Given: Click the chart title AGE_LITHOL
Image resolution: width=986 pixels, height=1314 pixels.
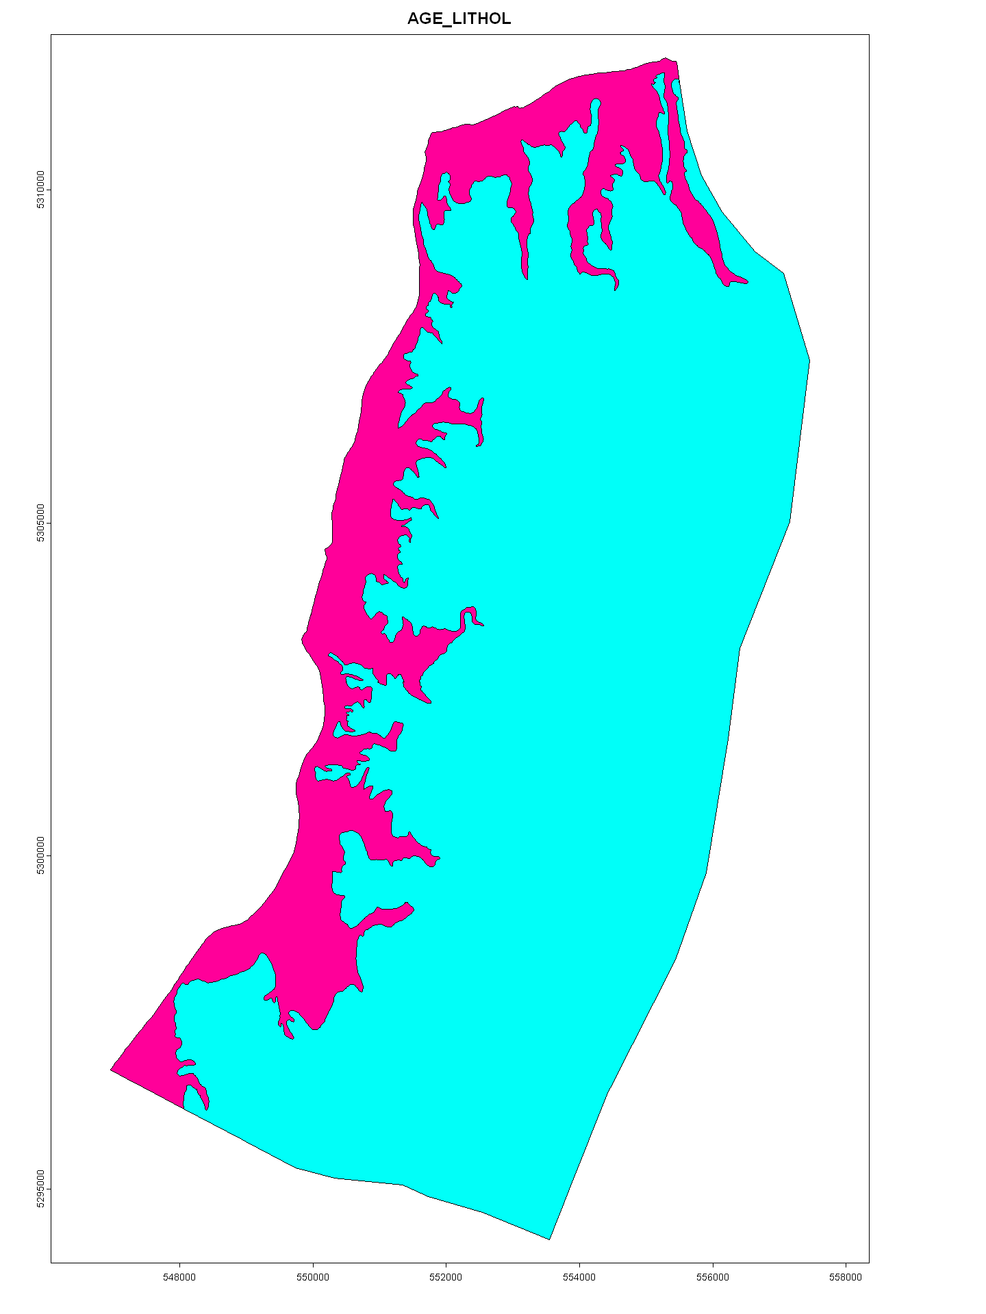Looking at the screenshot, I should [x=459, y=18].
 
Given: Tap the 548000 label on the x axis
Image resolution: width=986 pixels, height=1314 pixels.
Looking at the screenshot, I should [x=179, y=1277].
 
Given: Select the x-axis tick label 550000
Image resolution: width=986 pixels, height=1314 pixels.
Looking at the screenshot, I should [x=313, y=1277].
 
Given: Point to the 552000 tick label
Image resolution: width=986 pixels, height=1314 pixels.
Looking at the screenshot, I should [x=446, y=1277].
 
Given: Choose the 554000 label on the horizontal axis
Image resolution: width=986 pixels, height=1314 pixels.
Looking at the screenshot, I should [x=579, y=1277].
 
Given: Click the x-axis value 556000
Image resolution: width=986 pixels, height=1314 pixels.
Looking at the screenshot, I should [x=713, y=1277].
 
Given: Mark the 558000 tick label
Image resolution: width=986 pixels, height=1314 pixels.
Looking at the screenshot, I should [x=846, y=1277].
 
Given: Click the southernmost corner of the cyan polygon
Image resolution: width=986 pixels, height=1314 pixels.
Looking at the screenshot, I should [x=550, y=1239].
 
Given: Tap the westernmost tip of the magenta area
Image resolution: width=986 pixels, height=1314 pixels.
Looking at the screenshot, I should [x=111, y=1069].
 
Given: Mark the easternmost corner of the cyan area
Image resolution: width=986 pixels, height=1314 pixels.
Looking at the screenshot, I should [x=809, y=361].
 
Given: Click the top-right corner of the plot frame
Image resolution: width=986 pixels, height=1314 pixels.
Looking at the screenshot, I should [x=869, y=35].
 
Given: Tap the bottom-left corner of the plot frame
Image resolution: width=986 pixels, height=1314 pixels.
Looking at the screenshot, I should [x=51, y=1261].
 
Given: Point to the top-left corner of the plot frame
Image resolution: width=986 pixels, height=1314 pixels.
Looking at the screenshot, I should [x=51, y=35].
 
